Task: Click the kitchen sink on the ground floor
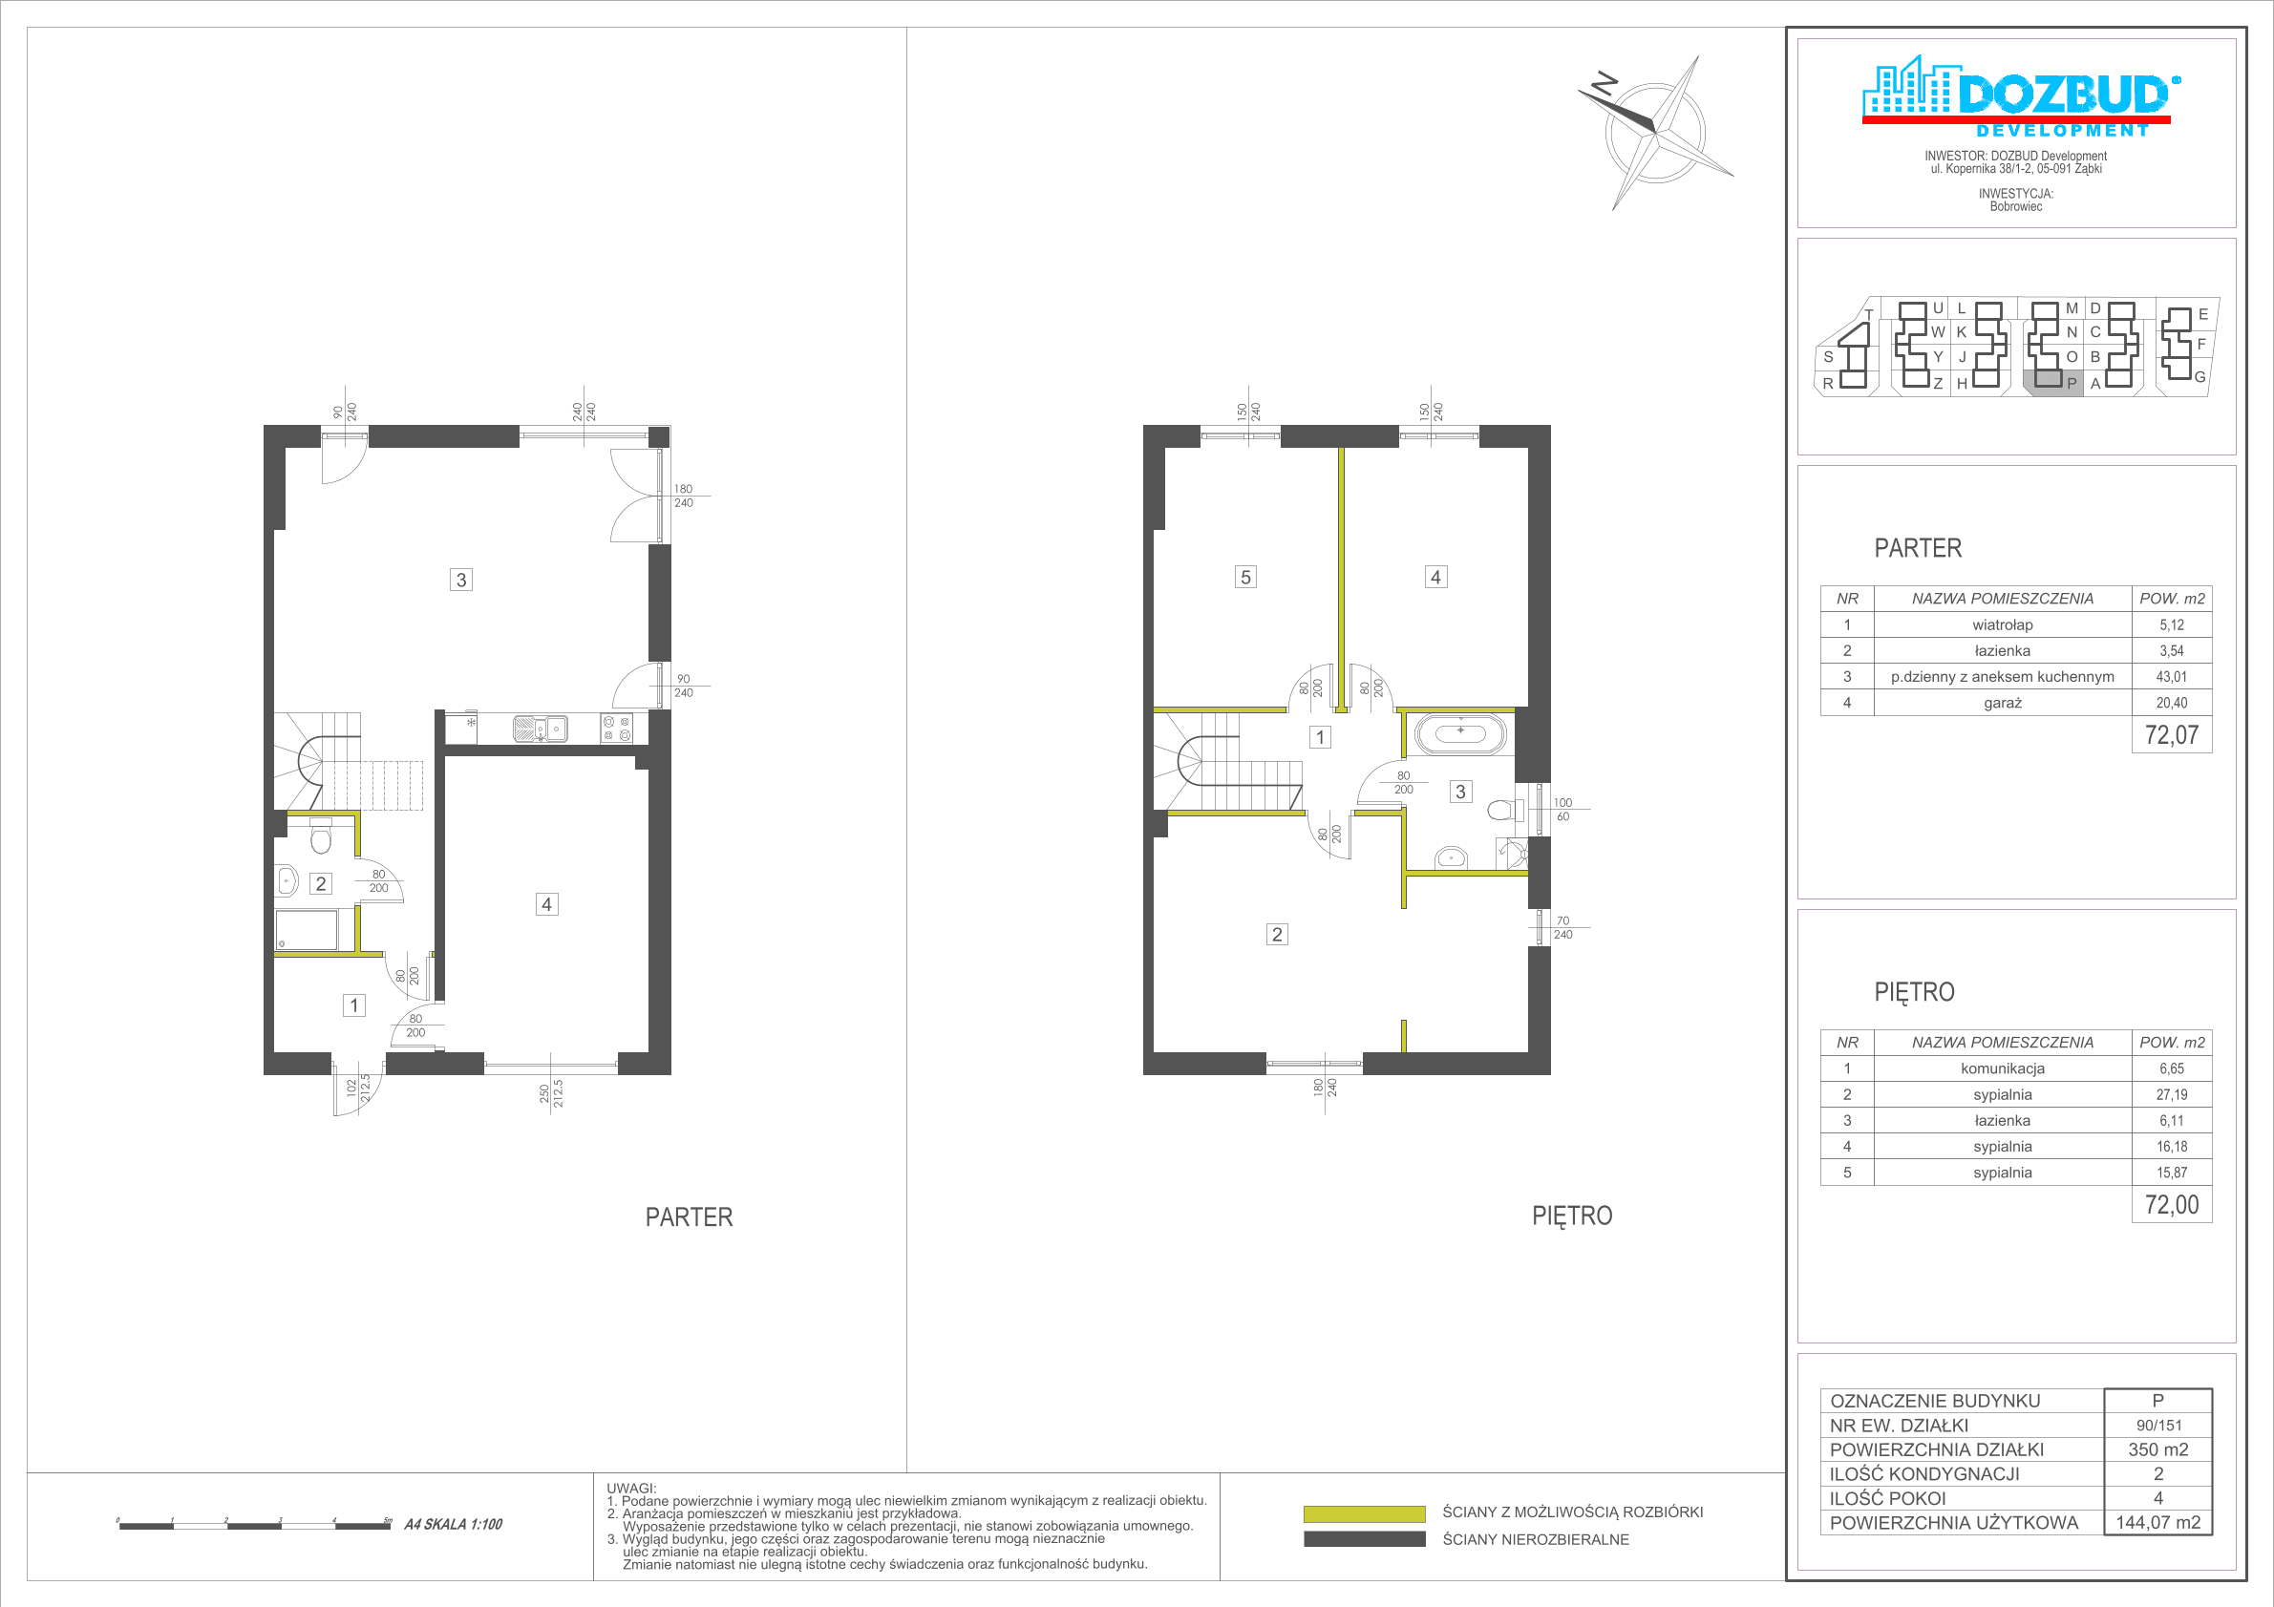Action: (x=540, y=728)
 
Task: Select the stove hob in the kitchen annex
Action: (x=616, y=729)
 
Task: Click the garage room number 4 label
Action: (x=546, y=904)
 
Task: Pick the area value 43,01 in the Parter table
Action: (x=2171, y=677)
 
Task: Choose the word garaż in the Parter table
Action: (x=2002, y=703)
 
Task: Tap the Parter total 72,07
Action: (x=2171, y=735)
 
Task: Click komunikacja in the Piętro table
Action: (x=2002, y=1068)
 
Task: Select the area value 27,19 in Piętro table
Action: (x=2171, y=1095)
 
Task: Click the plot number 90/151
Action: (x=2159, y=1426)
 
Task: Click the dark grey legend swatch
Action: (x=1364, y=1539)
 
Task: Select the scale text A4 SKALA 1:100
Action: (x=453, y=1525)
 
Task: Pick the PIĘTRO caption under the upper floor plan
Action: (x=1572, y=1216)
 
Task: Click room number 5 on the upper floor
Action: (x=1246, y=578)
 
